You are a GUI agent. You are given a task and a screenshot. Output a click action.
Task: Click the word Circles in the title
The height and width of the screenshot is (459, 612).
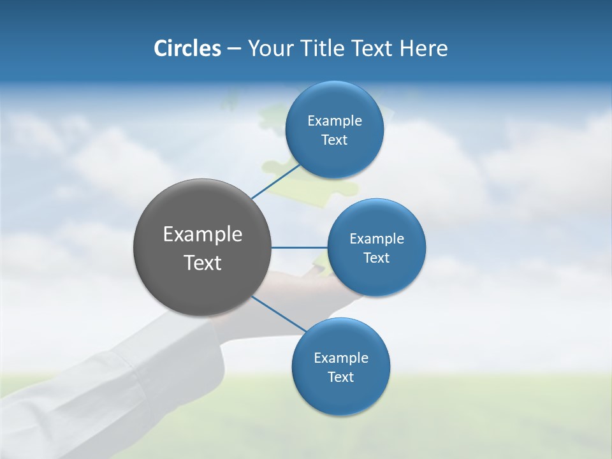pos(187,48)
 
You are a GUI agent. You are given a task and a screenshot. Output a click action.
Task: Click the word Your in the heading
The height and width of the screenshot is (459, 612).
pos(269,48)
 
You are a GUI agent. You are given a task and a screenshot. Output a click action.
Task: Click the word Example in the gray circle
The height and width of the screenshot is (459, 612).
pos(203,234)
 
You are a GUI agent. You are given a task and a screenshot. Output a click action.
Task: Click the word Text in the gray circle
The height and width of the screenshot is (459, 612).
pos(203,263)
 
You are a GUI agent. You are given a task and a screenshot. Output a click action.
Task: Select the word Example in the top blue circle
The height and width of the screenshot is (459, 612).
pos(335,120)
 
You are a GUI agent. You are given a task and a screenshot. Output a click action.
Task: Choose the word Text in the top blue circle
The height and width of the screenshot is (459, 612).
pos(334,140)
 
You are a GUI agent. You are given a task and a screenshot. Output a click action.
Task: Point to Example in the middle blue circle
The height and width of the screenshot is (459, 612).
pos(377,238)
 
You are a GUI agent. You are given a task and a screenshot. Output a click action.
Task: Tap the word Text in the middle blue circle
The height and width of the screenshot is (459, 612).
pos(376,258)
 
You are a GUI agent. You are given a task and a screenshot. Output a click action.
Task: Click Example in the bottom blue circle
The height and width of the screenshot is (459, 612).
pos(341,358)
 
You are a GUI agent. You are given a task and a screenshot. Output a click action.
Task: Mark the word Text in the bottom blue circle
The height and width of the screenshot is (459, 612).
pos(340,377)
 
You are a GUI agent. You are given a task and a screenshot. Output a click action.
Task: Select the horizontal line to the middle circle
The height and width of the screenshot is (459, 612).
pos(300,247)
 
